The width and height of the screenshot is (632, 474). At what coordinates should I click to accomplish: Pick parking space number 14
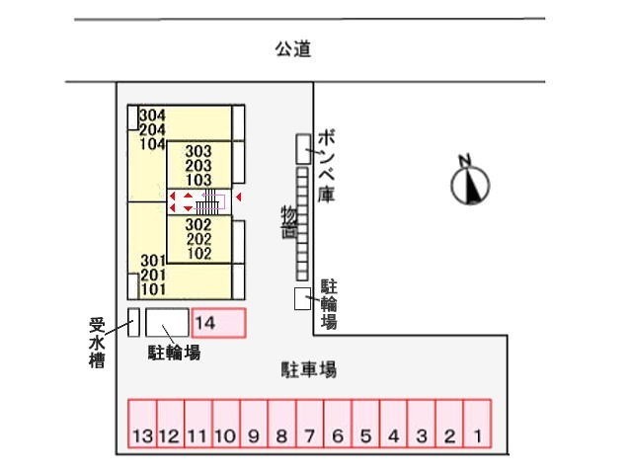click(x=218, y=322)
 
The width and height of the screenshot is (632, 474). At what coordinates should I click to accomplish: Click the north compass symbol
click(x=470, y=182)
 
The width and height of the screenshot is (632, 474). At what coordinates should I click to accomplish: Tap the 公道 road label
click(x=293, y=47)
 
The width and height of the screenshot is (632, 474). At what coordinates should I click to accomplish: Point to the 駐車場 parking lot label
click(x=309, y=370)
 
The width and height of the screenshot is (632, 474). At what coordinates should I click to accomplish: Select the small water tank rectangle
click(x=133, y=322)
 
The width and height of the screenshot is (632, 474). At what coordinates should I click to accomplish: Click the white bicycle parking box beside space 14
click(x=167, y=322)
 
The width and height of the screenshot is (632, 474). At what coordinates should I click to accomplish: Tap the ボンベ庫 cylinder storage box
click(x=302, y=149)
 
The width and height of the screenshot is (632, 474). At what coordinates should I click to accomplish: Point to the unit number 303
click(x=198, y=151)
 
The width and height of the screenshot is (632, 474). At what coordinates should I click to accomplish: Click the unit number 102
click(x=198, y=253)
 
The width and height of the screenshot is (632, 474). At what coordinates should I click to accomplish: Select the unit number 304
click(x=152, y=115)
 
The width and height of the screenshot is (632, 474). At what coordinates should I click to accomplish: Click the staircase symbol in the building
click(x=206, y=202)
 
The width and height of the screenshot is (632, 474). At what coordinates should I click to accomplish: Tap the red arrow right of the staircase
click(x=238, y=201)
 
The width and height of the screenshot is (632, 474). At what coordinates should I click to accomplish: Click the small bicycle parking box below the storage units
click(x=303, y=299)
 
